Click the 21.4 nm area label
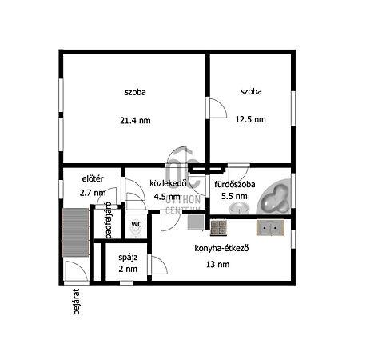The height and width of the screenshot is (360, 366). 135,121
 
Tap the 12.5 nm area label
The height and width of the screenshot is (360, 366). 250,119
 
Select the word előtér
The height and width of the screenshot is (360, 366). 93,178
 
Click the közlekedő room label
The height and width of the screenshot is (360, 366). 168,183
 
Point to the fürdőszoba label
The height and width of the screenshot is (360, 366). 235,184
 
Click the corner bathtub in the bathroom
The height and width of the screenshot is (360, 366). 274,196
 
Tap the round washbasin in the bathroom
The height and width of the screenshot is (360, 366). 239,208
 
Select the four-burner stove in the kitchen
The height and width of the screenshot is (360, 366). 218,227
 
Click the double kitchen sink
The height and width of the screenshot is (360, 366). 270,227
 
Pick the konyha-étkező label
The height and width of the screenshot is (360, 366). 221,248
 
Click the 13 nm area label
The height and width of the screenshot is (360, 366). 217,264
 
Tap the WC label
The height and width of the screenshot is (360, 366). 137,224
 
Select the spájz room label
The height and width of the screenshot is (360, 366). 128,258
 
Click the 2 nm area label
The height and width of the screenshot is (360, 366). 128,269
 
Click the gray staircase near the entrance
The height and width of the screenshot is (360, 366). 75,233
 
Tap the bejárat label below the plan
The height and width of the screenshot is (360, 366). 76,302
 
